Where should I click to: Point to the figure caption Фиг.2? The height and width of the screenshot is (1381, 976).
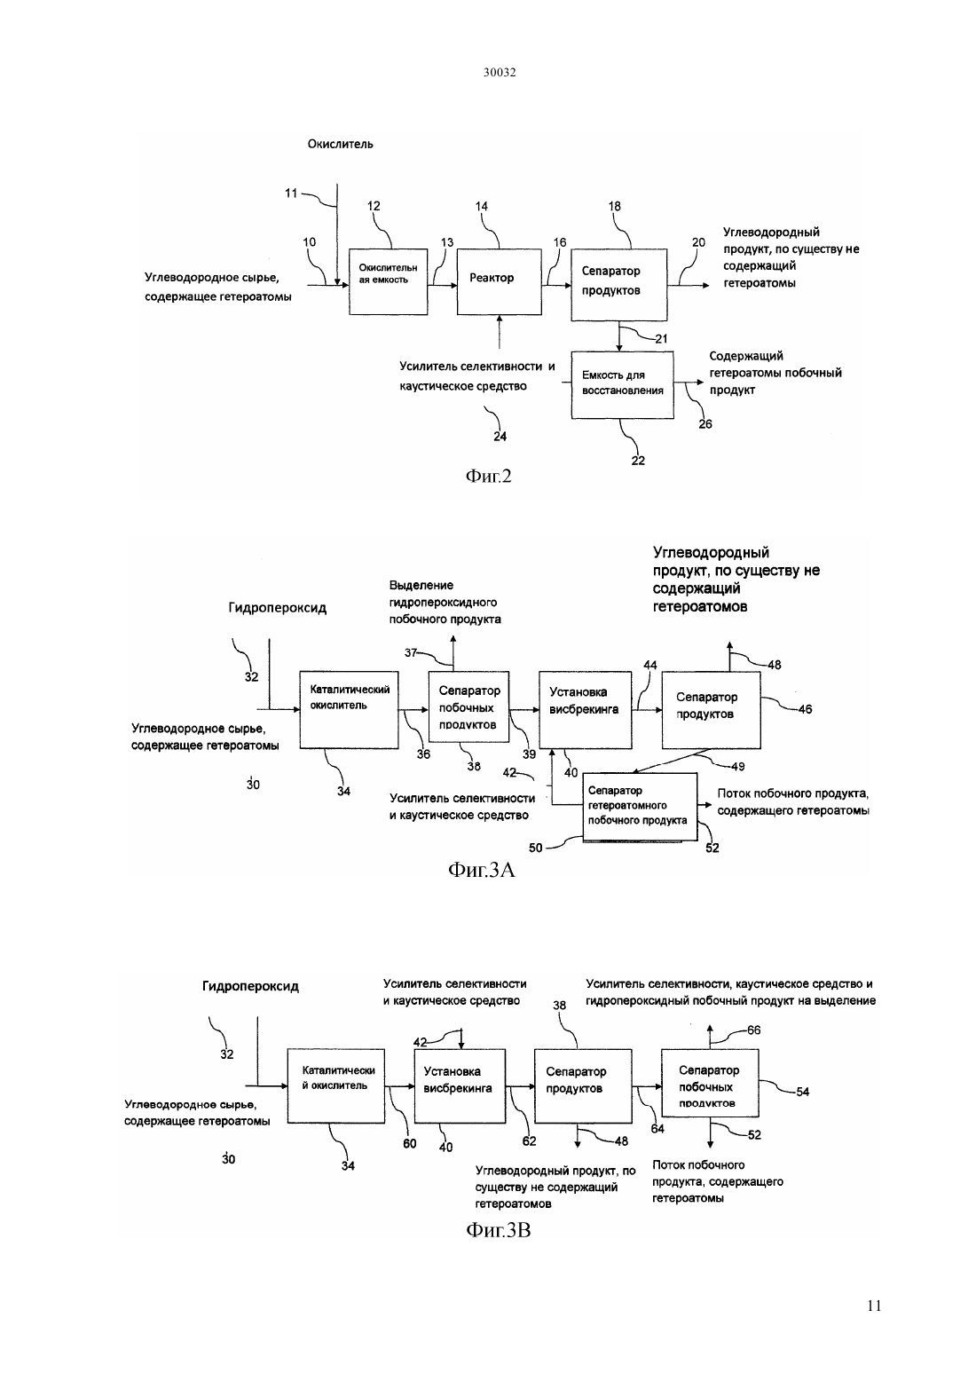click(489, 476)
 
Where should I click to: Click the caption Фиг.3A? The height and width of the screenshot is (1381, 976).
click(481, 870)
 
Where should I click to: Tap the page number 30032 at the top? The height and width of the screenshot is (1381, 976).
click(500, 72)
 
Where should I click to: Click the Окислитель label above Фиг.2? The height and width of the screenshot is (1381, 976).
click(340, 145)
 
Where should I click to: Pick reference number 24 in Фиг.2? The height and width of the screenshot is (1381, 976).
click(500, 437)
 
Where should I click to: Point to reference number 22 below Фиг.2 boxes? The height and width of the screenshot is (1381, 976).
click(638, 461)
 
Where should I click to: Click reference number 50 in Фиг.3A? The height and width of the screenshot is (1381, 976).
click(535, 848)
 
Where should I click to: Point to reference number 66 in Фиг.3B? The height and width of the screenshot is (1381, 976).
click(753, 1030)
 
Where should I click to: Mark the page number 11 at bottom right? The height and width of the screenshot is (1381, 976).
click(874, 1306)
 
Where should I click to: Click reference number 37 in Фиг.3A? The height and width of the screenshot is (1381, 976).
click(410, 652)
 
